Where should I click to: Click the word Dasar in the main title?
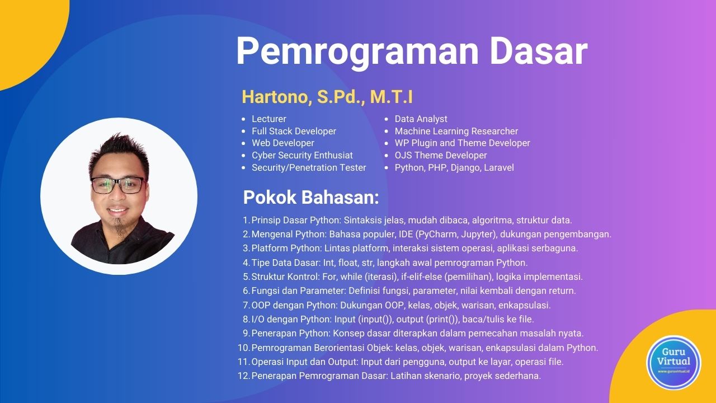click(538, 51)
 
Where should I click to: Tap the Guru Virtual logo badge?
click(674, 362)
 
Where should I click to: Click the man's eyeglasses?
click(118, 185)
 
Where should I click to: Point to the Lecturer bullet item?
click(269, 119)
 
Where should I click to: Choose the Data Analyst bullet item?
click(421, 119)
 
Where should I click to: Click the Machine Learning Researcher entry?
click(456, 131)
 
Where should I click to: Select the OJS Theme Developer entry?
click(440, 155)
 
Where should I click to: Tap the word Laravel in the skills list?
click(498, 167)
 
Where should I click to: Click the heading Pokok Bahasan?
click(311, 197)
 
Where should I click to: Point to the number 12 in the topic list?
click(243, 376)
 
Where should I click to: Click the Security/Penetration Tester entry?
click(309, 167)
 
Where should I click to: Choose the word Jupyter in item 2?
click(478, 234)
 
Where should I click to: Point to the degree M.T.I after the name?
click(391, 97)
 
